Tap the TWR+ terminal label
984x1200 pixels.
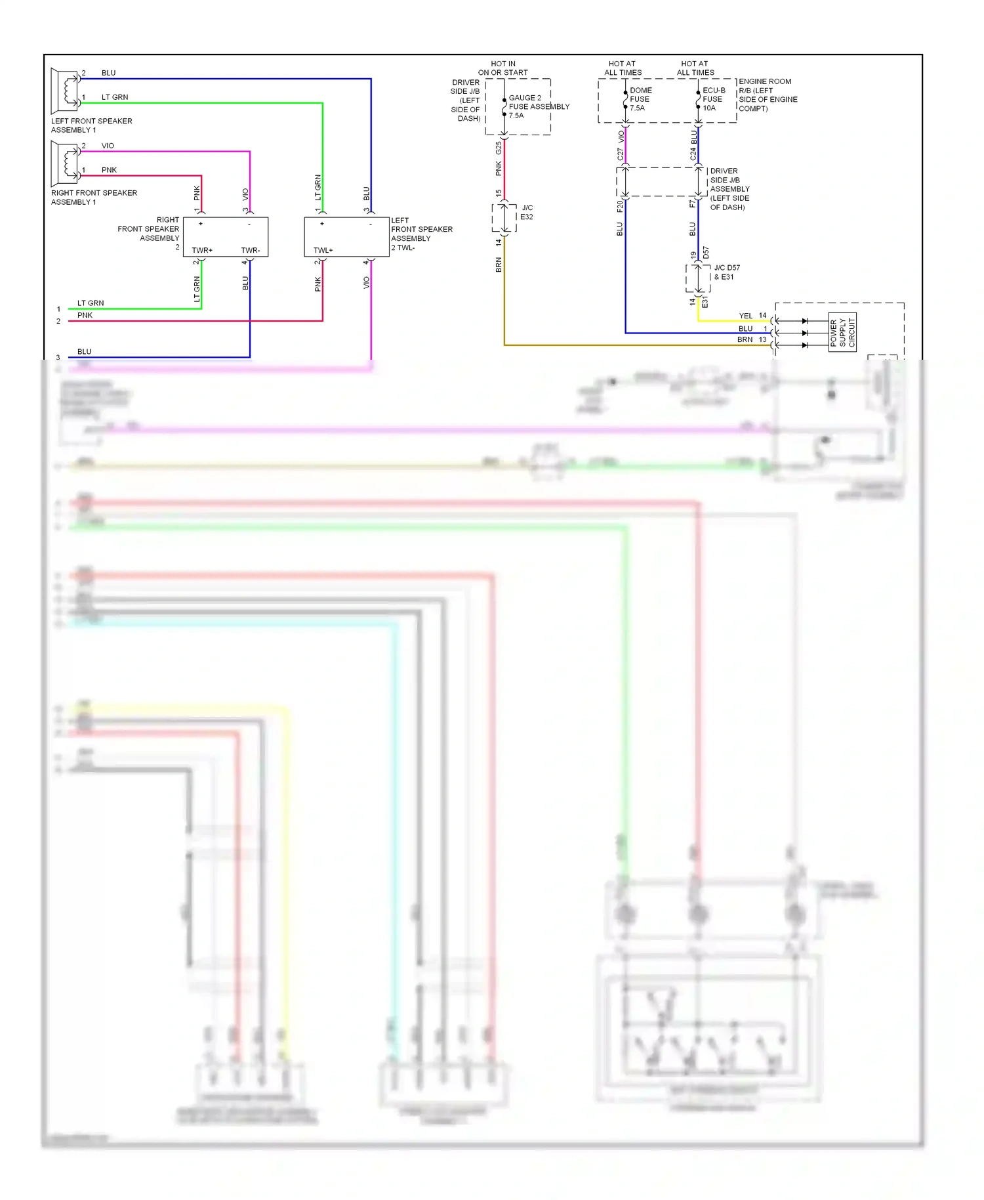[x=202, y=250]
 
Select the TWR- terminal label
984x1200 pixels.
[x=250, y=250]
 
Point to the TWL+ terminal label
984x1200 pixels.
[x=323, y=250]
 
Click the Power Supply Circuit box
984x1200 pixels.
[x=842, y=332]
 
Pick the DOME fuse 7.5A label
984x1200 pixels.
[x=640, y=99]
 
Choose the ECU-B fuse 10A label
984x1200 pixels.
[x=713, y=99]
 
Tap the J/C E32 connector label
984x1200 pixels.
[x=527, y=212]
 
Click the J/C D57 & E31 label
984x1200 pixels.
[x=726, y=272]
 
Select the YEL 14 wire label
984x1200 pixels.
[x=752, y=316]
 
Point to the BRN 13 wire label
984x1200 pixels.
[x=751, y=339]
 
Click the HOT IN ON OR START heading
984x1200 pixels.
[x=503, y=68]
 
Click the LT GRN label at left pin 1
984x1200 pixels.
[x=91, y=303]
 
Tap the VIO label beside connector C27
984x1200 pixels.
[x=621, y=137]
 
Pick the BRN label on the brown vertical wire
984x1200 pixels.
[x=499, y=265]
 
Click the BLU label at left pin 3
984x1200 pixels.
[x=84, y=352]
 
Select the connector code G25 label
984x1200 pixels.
[x=499, y=148]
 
